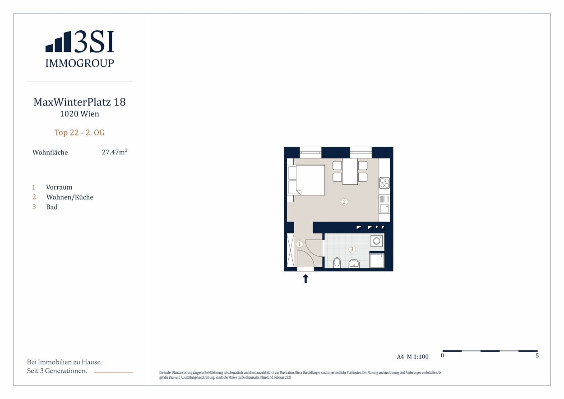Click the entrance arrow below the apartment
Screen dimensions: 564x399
305,279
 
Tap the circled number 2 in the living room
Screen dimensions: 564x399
344,202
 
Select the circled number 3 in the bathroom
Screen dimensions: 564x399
352,249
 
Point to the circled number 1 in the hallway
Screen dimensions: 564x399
300,244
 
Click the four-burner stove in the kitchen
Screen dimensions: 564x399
384,183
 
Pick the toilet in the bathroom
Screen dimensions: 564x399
337,263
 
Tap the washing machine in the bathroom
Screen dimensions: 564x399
377,241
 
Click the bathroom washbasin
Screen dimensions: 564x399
354,264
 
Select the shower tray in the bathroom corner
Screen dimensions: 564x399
377,260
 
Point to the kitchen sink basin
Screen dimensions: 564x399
384,209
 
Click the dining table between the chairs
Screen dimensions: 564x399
350,171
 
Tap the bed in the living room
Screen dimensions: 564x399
306,180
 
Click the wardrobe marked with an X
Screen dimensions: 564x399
290,250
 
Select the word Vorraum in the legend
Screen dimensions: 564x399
59,187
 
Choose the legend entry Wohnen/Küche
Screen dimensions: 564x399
70,197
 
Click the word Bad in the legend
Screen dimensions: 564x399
52,207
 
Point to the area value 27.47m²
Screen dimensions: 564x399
115,152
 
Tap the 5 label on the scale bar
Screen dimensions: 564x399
537,355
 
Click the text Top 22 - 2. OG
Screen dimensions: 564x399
79,133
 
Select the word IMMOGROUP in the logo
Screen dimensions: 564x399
79,63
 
